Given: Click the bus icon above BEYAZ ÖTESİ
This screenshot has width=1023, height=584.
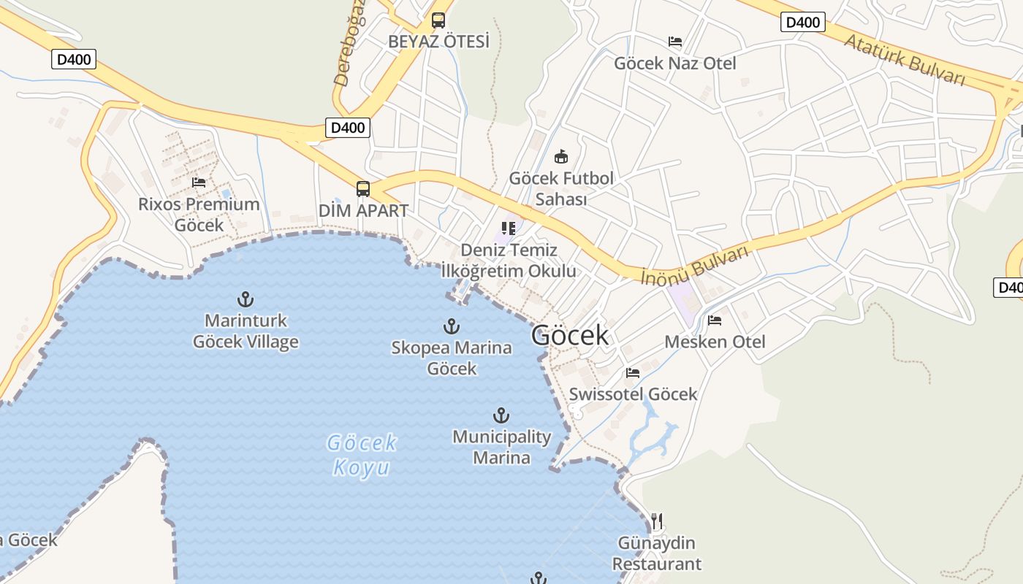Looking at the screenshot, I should pos(438,20).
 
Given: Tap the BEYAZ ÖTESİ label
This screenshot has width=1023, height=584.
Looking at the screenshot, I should pos(438,42).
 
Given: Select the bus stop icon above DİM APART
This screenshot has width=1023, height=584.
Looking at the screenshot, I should pos(363,189).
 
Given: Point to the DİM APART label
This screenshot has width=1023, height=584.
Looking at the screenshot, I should pos(363,211).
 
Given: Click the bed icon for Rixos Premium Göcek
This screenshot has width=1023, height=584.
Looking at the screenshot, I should pos(199,182).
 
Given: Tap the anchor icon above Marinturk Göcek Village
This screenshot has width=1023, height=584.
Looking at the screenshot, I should pos(246,299).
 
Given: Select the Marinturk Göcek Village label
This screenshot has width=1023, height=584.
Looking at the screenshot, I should pos(246,331).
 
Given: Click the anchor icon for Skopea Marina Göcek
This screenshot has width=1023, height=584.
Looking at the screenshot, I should pos(452,326).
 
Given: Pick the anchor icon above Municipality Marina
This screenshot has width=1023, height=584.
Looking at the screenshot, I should pos(501,415).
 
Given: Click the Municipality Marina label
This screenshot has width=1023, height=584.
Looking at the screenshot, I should pos(501,447).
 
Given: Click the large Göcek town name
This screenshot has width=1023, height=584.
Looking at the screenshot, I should pos(569,335).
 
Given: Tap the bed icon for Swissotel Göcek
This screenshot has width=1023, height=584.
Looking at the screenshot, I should pos(633,372).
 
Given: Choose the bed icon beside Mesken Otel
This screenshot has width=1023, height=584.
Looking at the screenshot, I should pos(715,320).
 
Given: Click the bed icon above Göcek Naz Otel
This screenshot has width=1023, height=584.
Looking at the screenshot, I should pos(675,42).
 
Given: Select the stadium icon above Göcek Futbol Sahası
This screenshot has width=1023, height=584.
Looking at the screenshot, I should pos(561,156).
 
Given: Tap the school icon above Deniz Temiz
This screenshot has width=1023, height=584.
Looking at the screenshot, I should pos(509,229).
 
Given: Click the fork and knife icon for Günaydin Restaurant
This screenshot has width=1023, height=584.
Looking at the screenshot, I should pos(657,520).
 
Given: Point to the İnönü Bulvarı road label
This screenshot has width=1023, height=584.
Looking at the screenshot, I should pos(695,265).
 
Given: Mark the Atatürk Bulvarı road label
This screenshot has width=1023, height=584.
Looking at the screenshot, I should pos(905,58).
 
